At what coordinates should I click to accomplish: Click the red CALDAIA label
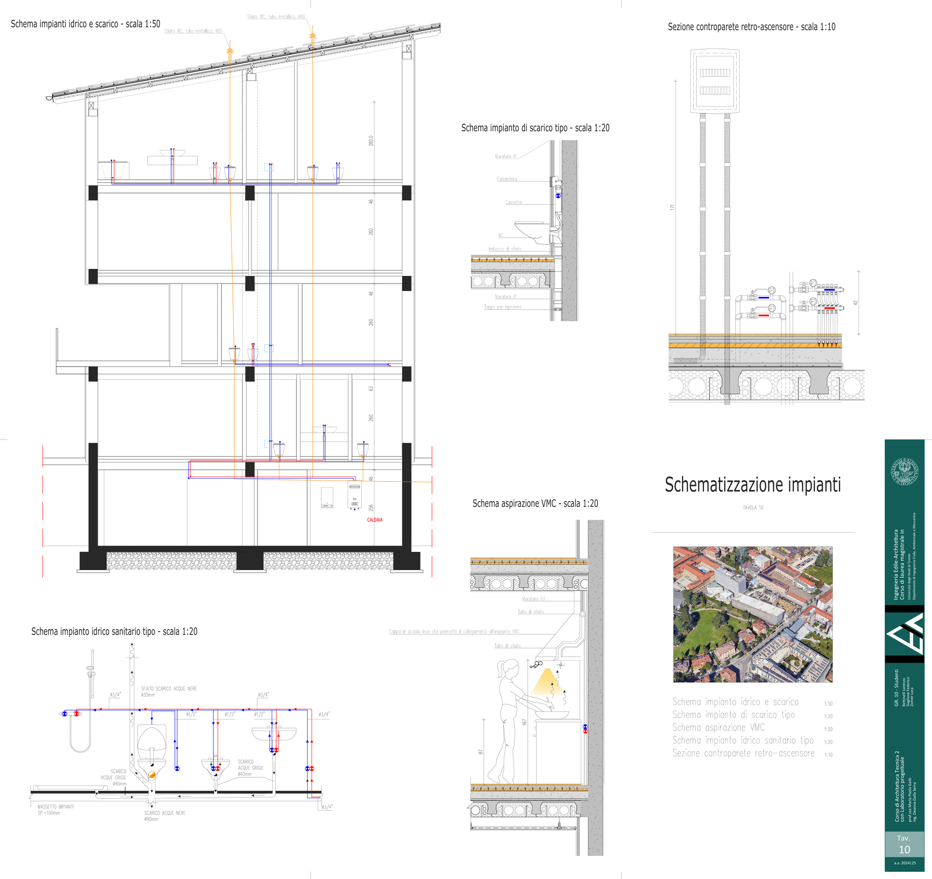(x=375, y=520)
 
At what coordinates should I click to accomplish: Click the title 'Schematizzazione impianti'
(x=752, y=484)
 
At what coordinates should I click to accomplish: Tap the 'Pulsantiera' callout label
(x=507, y=179)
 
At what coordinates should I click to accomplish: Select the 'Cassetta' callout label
(x=513, y=202)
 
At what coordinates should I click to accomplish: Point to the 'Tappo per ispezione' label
(x=503, y=307)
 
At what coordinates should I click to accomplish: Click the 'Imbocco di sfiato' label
(x=504, y=249)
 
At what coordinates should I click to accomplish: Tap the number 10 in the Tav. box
(x=904, y=850)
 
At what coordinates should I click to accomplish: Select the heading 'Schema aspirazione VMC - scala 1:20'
(x=535, y=503)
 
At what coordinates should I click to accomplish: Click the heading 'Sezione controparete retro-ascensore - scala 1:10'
(x=751, y=27)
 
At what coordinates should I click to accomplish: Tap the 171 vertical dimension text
(x=672, y=207)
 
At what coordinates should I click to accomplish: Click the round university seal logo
(x=904, y=472)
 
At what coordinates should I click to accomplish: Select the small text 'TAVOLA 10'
(x=752, y=508)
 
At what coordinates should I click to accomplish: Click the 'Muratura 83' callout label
(x=533, y=599)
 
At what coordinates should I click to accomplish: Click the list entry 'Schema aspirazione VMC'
(x=718, y=728)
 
